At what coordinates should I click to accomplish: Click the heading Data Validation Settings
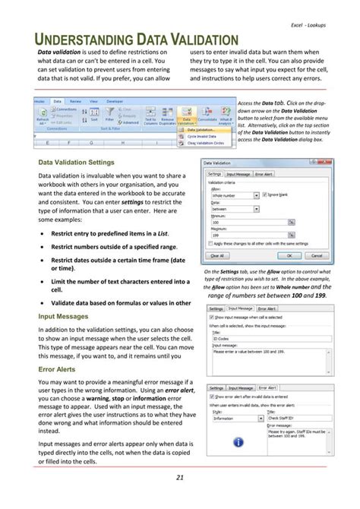point(77,163)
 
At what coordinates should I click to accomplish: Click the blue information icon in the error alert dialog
point(238,442)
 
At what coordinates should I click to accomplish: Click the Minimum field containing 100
point(247,223)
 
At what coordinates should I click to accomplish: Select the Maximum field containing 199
point(247,236)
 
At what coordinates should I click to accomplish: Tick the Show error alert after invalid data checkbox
point(212,397)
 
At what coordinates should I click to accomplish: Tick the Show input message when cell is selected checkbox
point(212,318)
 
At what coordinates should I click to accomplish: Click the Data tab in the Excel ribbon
point(57,100)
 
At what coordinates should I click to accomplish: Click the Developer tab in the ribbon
point(115,100)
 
